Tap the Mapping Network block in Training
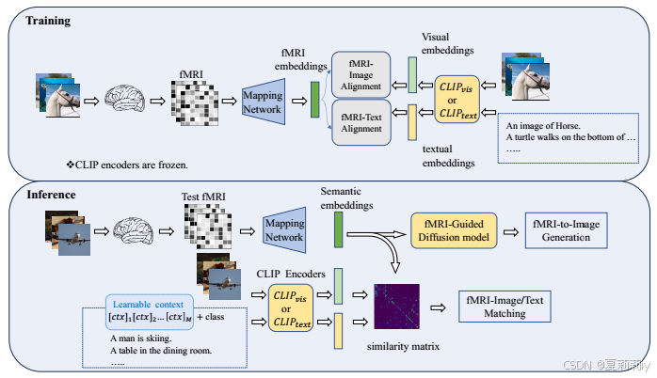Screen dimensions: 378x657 [x=262, y=102]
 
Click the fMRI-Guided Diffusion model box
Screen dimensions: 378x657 [x=447, y=230]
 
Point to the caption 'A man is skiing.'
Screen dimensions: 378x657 [x=140, y=337]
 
